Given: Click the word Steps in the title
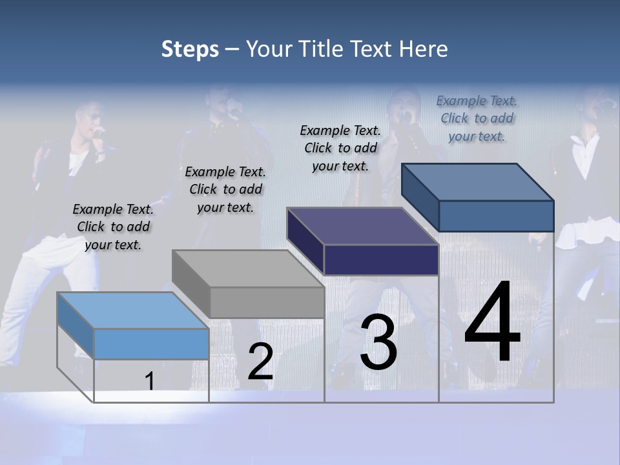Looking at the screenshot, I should [190, 50].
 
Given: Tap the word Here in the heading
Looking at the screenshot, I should [423, 49].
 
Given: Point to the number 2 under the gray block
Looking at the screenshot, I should [260, 362].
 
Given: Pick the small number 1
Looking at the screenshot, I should [149, 382].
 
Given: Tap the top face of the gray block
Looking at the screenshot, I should [248, 269].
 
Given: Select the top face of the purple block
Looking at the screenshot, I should [363, 226].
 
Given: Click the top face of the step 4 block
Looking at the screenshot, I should [478, 182].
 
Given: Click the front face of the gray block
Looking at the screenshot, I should [267, 302].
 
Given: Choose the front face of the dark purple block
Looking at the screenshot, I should [382, 260].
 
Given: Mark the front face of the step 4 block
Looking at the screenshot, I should [496, 216].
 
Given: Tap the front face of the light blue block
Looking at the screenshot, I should [152, 344].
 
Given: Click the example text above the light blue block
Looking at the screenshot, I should [113, 227].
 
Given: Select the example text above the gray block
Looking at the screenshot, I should [225, 189].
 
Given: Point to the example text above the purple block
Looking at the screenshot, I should [340, 148].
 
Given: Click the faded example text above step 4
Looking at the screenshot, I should [477, 118].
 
